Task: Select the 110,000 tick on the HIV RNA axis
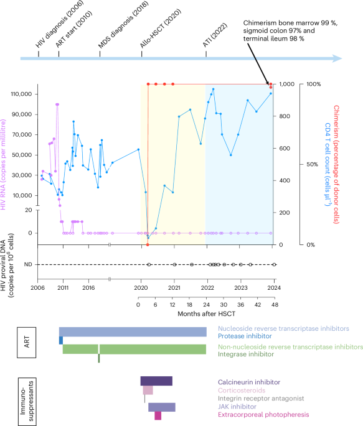23,95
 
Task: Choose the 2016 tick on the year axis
88,289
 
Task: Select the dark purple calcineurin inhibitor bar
156,381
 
